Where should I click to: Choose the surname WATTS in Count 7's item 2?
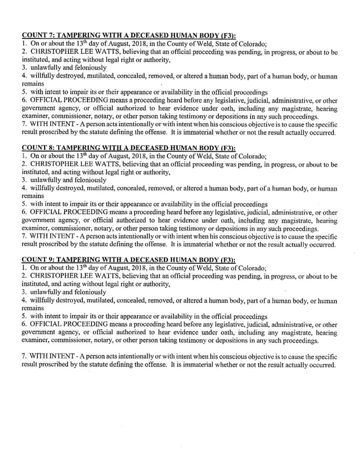click(x=103, y=52)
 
